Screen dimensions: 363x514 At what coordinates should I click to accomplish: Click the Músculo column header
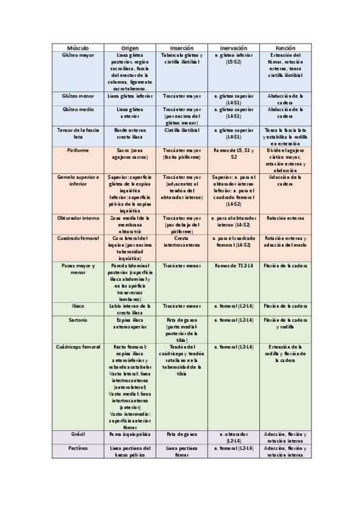tap(78, 47)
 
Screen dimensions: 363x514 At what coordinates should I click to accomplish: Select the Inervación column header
tap(233, 47)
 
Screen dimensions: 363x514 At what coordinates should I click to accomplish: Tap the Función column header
tap(285, 47)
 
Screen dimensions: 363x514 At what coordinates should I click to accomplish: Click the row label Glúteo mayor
tap(78, 55)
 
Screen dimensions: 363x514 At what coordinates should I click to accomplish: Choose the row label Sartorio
tap(78, 319)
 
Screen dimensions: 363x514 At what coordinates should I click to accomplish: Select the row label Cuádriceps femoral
tap(78, 346)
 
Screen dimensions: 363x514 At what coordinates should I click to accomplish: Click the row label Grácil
tap(78, 435)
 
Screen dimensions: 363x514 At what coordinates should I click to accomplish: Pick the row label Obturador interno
tap(78, 217)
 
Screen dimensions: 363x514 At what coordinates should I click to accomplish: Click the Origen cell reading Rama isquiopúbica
tap(130, 435)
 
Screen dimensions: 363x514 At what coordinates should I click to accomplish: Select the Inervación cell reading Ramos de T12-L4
tap(233, 265)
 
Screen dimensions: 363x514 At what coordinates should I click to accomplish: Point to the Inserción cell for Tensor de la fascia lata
tap(182, 130)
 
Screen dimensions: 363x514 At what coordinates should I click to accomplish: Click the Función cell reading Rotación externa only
tap(285, 217)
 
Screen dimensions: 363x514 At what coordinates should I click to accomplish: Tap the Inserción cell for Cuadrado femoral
tap(182, 241)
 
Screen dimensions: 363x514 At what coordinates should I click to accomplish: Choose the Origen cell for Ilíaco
tap(130, 309)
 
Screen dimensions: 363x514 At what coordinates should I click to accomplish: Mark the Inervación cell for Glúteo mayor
tap(233, 58)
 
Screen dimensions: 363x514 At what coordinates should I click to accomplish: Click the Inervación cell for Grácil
tap(233, 438)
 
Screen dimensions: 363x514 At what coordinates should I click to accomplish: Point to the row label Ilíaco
tap(78, 306)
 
